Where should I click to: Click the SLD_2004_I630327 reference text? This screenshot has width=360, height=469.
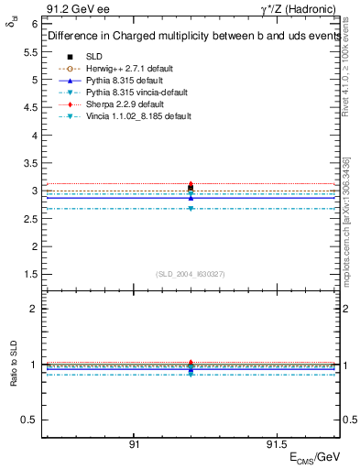(191, 274)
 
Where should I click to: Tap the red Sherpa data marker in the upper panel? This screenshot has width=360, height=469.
(191, 184)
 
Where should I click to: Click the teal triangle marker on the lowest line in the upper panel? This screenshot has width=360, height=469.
(191, 208)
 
